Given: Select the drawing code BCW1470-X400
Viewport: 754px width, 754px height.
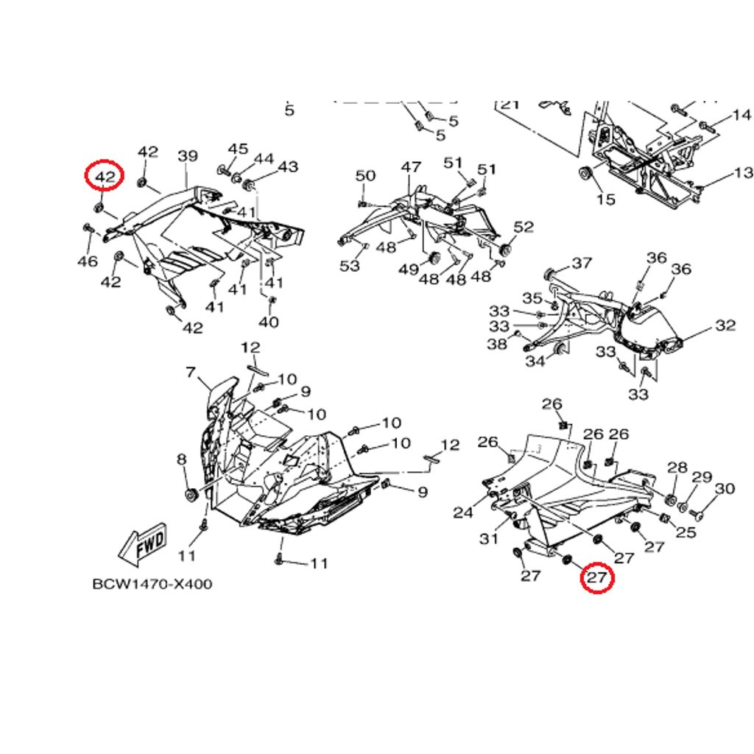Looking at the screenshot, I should (152, 584).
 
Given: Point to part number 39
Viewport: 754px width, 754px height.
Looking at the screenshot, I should (188, 156).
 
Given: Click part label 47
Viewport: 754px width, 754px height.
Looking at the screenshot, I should (411, 168).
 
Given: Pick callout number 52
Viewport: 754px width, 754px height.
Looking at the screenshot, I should (524, 228).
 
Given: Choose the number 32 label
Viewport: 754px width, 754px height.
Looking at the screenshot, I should (725, 325).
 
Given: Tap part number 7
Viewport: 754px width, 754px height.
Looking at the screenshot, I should (191, 373).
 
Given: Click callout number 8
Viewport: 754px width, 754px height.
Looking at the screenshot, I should (182, 460).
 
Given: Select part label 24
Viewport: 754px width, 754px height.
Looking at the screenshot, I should (463, 512).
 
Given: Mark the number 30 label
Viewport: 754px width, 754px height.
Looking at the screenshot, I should (725, 489).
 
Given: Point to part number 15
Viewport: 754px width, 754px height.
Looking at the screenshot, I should (605, 200).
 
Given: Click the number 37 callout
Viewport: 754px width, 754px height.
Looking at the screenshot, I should (582, 263).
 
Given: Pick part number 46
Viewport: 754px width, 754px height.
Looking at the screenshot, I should (88, 261).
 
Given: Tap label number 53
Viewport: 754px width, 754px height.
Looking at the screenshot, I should (350, 265).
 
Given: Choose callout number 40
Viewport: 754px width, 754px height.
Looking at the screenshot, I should (269, 322).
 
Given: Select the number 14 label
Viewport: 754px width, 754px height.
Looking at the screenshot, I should (741, 115).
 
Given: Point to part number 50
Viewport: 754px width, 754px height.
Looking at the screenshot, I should (365, 176).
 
